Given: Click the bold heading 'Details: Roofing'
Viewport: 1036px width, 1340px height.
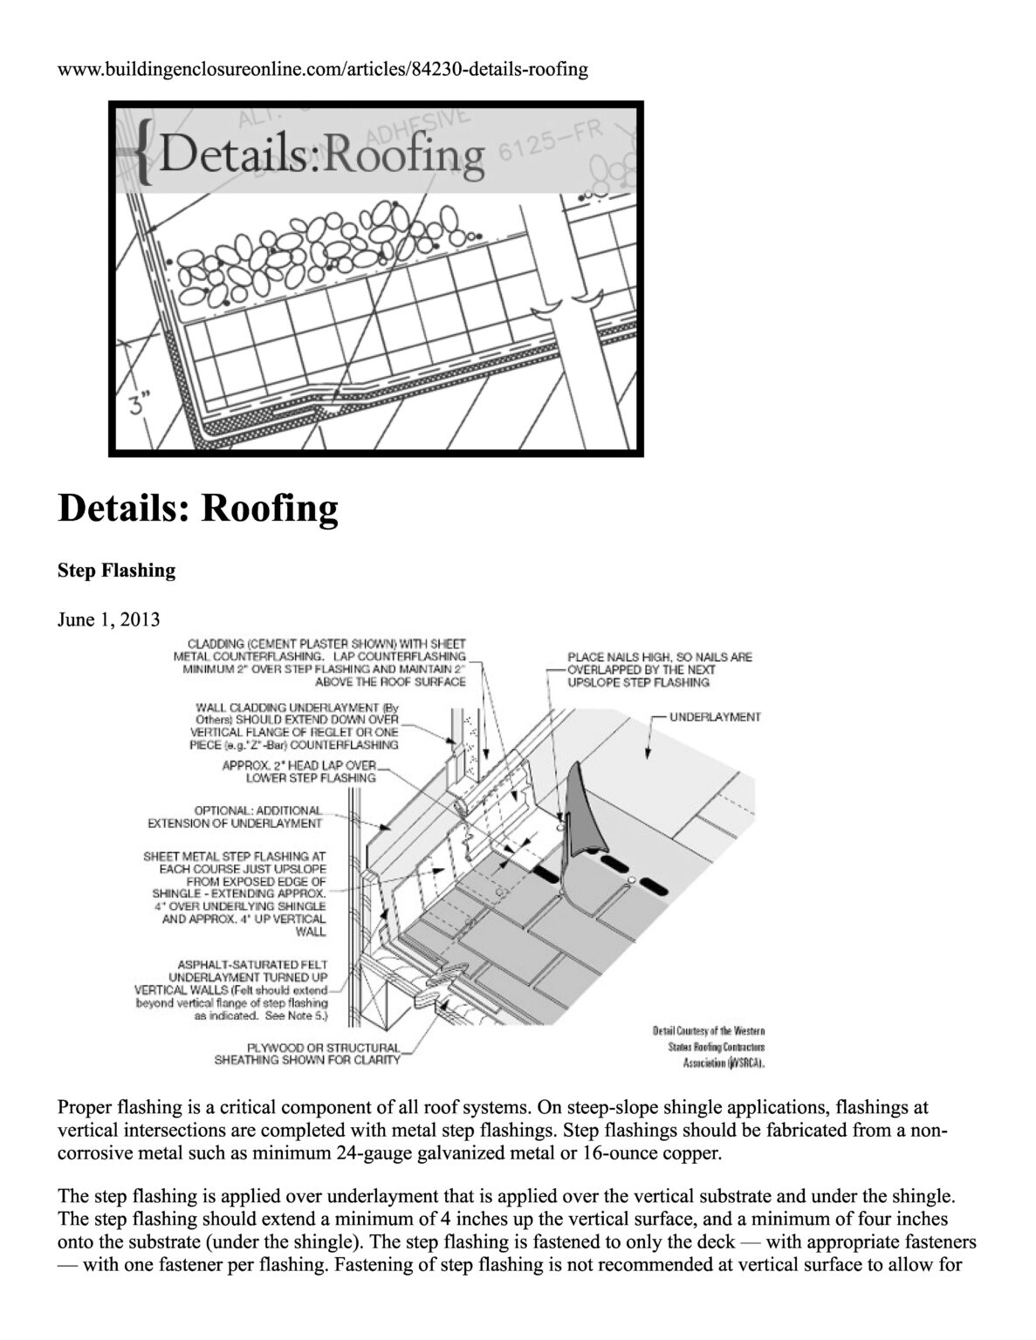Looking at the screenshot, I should point(197,508).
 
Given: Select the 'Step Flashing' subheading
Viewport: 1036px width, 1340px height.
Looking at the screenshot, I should point(116,571).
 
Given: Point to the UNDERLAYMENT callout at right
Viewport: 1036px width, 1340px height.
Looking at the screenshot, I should point(715,717).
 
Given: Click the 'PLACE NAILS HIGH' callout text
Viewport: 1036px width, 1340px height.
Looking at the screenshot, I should point(659,670).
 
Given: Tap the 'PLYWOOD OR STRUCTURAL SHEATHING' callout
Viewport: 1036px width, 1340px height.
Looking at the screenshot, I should point(307,1054).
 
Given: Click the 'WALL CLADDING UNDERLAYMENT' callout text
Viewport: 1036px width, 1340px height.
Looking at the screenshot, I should point(297,726).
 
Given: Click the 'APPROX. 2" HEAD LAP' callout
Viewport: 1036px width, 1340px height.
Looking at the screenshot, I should point(300,771).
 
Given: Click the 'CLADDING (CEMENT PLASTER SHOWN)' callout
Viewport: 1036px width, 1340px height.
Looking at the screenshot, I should point(321,662).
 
